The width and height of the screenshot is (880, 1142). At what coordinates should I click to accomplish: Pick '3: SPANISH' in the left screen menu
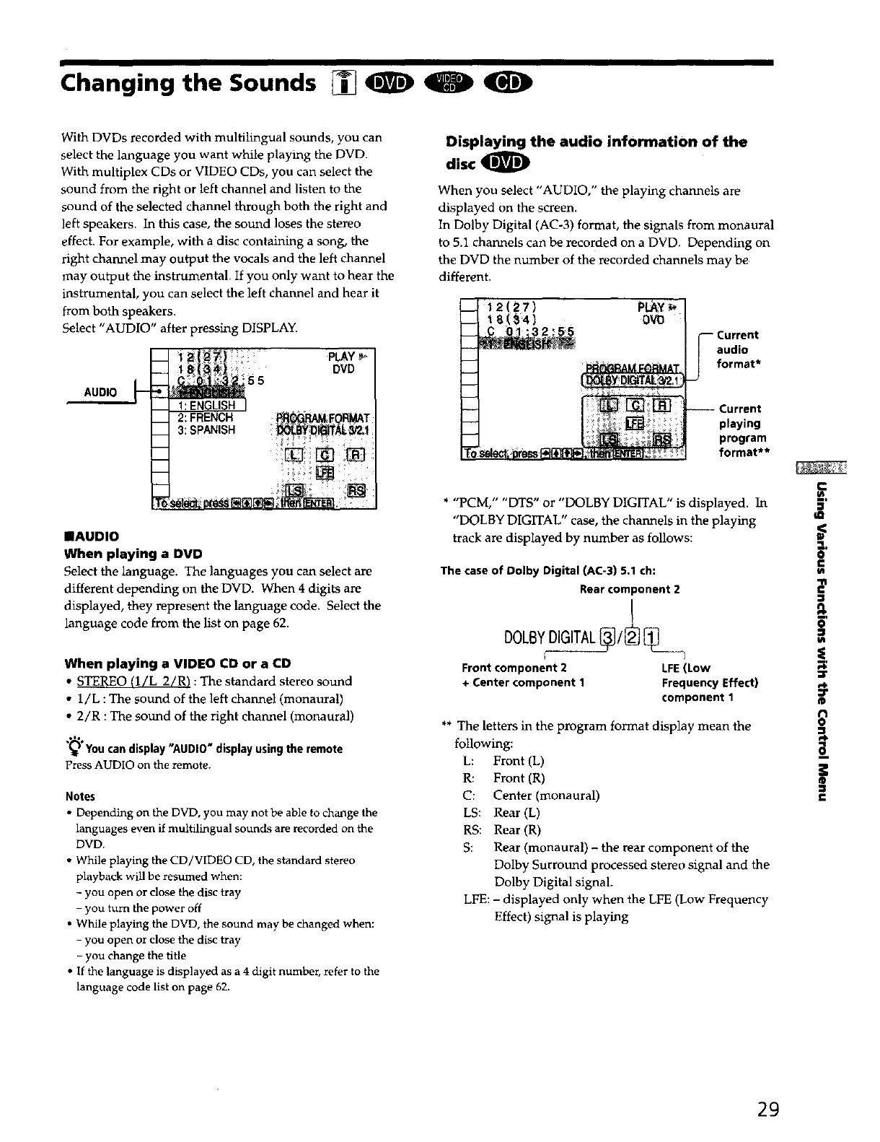coord(206,430)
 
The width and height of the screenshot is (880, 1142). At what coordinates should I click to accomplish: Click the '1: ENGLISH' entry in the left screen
coord(207,405)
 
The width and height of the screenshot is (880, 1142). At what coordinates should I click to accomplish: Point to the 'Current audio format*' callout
coord(737,349)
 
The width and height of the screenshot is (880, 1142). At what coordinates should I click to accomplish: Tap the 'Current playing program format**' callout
coord(742,431)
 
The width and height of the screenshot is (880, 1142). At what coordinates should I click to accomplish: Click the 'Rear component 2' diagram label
coord(630,589)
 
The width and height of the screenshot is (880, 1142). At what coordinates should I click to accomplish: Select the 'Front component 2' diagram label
coord(514,667)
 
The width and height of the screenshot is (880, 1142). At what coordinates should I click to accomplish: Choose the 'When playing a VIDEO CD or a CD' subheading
coord(177,663)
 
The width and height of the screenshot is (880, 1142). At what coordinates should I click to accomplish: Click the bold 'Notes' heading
coord(79,796)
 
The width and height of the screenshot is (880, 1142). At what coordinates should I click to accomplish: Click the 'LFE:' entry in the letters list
coord(476,899)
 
